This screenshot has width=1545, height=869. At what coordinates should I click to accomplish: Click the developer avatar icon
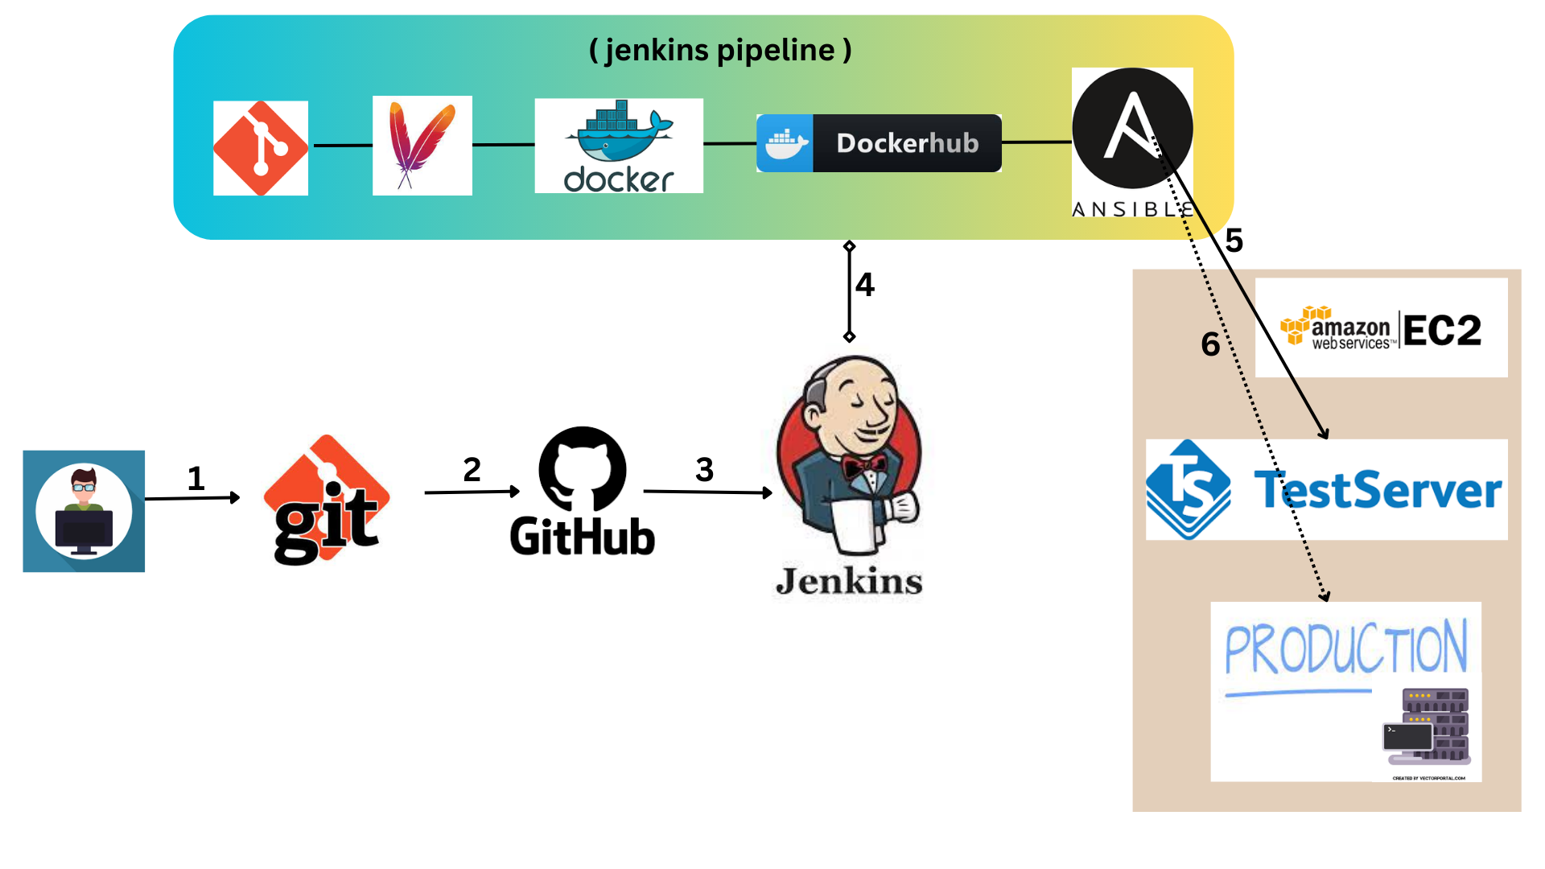(x=84, y=512)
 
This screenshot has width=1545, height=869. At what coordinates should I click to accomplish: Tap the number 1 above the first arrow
(x=196, y=479)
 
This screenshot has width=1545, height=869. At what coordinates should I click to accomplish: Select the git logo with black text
(x=327, y=500)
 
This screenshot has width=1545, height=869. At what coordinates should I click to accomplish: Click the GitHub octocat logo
(x=582, y=469)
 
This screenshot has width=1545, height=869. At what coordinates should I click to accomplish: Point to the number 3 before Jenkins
(x=704, y=469)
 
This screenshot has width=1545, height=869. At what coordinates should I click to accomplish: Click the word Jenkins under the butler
(x=849, y=581)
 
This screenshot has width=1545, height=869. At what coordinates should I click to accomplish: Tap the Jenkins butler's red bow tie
(x=865, y=466)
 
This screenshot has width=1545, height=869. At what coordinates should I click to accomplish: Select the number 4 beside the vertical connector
(x=865, y=284)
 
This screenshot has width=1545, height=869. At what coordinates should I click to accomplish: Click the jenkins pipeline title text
(x=720, y=50)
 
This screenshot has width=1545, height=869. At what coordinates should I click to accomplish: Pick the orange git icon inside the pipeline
(x=261, y=148)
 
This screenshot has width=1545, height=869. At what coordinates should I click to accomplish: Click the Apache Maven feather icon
(x=422, y=146)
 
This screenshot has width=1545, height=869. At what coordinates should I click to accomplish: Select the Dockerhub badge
(x=879, y=143)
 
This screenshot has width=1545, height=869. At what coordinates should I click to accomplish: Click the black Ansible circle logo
(x=1132, y=129)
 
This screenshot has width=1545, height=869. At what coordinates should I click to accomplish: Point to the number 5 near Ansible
(x=1234, y=241)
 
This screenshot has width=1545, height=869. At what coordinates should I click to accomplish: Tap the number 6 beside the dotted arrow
(x=1210, y=344)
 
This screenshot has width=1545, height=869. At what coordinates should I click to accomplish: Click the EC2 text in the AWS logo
(x=1442, y=330)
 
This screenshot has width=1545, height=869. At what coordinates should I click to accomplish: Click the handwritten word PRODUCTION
(x=1345, y=649)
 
